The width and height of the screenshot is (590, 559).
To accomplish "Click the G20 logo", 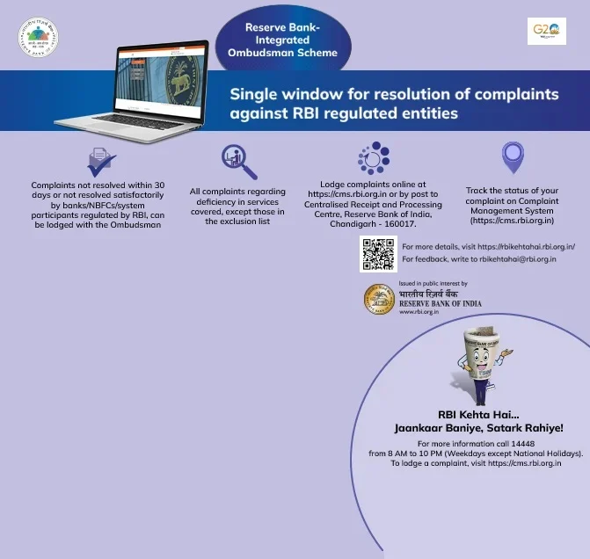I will point(547,33).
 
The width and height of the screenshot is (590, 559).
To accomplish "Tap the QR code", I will point(378,253).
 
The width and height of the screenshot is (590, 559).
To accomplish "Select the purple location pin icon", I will point(513,157).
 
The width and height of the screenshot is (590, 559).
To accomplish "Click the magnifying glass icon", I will point(238,162).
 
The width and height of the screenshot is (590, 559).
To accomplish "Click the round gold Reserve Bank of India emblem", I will point(379,300).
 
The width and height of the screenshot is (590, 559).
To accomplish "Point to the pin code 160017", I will point(400,221).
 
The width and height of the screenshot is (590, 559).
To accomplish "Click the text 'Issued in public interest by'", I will point(433,284).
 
